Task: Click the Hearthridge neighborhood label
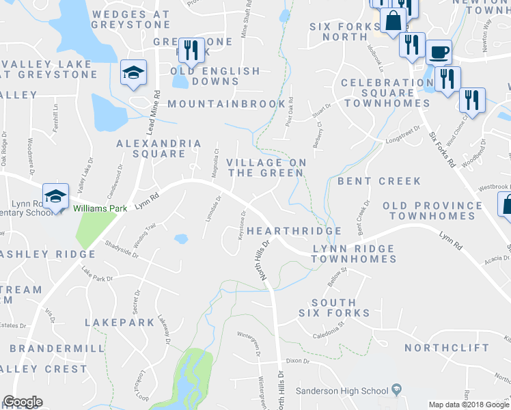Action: [294, 231]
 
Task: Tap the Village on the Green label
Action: [265, 167]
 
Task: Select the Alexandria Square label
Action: [159, 148]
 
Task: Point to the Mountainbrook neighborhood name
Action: [226, 104]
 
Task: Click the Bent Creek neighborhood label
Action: [379, 181]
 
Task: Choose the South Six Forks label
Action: [334, 307]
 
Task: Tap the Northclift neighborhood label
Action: [447, 348]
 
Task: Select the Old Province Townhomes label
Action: [432, 210]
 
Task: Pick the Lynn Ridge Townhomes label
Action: [354, 254]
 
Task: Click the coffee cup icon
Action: [439, 51]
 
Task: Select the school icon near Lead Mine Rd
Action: [134, 72]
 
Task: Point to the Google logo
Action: [23, 402]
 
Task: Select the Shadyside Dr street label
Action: [122, 249]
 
